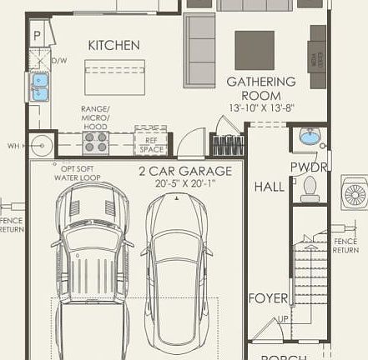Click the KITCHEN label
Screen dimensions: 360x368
113,45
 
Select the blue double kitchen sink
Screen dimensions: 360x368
39,87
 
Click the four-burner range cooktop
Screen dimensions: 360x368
97,143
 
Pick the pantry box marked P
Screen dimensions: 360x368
38,36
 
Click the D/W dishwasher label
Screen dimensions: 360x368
59,61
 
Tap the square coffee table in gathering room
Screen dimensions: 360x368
254,50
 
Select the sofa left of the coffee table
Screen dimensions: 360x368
199,50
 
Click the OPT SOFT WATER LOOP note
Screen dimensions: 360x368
77,172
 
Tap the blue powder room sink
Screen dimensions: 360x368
310,137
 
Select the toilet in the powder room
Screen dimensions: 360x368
310,188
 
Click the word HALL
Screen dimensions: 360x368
269,187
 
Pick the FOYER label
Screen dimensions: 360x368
268,297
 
